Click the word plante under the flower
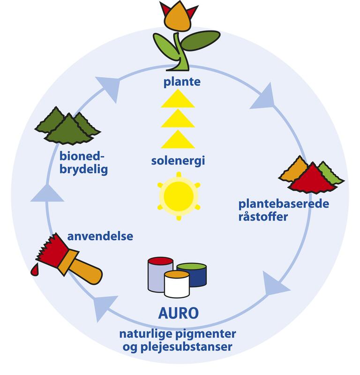coord(182,82)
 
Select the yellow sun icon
coord(179,195)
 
